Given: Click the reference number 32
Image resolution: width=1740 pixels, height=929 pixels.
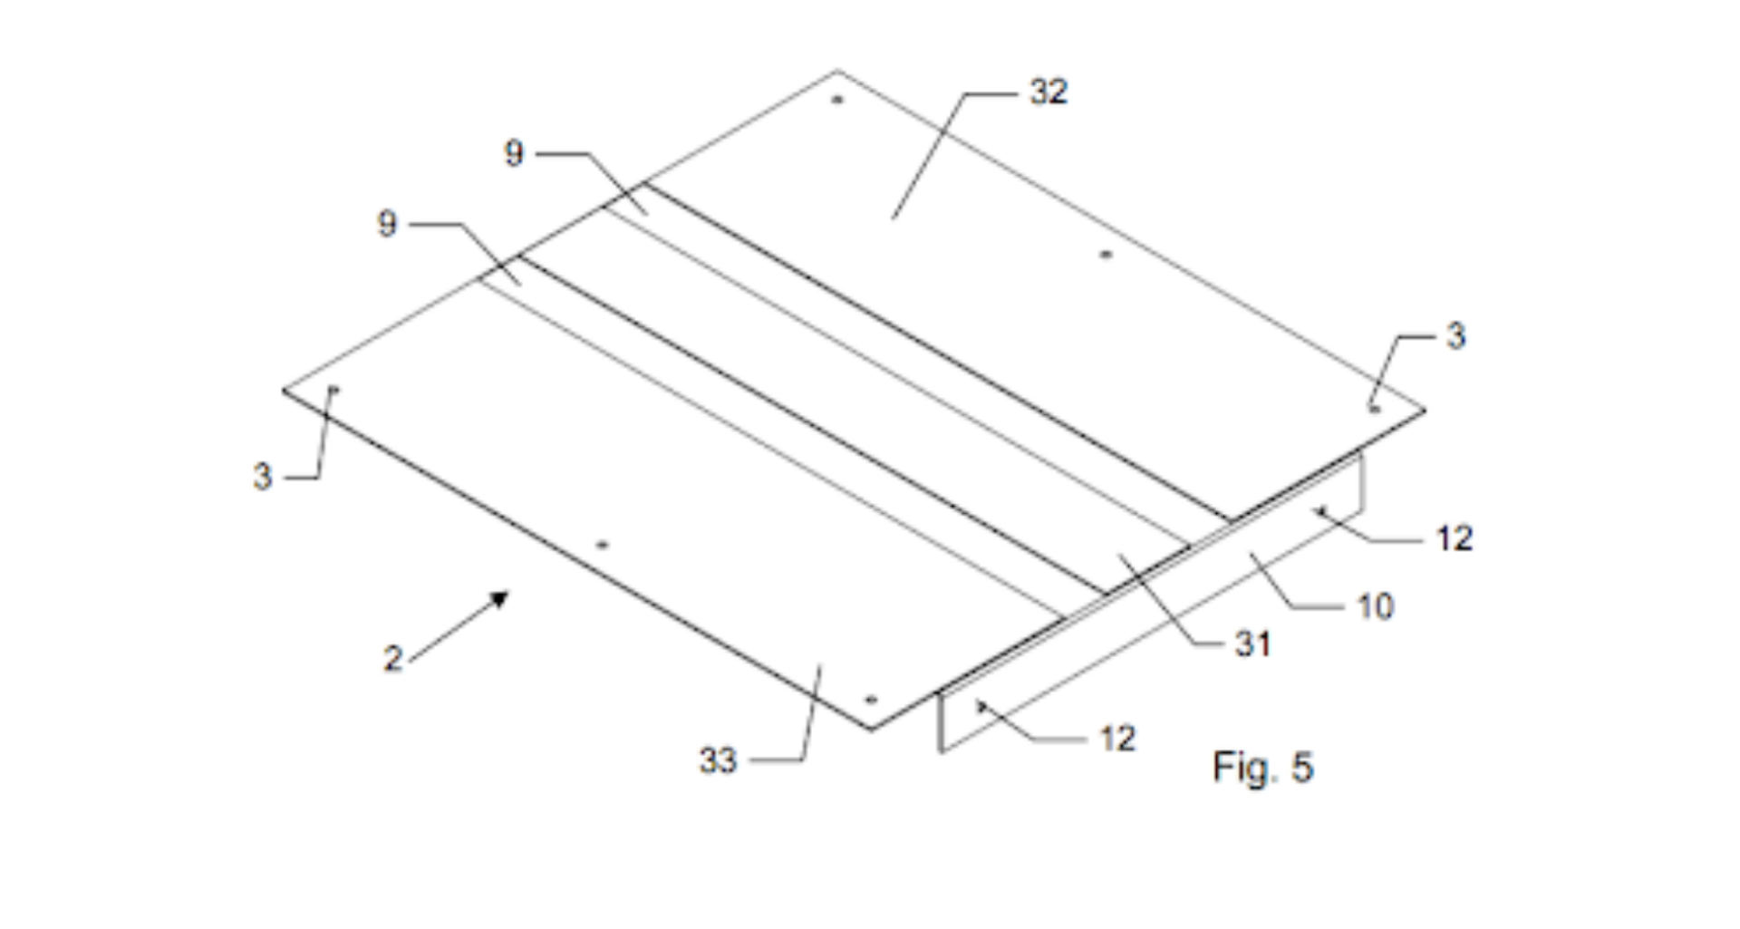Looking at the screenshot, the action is [1049, 92].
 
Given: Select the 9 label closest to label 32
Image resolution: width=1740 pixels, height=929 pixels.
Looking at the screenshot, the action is [514, 153].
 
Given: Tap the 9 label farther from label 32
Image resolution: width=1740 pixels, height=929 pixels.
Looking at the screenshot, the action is [387, 224].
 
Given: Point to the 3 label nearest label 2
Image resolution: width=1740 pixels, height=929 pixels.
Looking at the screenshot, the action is [262, 476].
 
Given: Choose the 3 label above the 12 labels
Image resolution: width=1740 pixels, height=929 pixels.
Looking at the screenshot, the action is [1455, 336].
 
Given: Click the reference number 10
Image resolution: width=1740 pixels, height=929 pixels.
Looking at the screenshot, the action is [1375, 606].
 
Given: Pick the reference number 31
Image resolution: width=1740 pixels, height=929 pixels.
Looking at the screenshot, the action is [1252, 644].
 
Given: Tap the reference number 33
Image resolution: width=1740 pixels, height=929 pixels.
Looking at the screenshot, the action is [718, 760].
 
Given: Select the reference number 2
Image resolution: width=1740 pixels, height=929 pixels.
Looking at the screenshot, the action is [392, 658].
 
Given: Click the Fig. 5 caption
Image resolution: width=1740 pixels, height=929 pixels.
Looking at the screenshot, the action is [1263, 768].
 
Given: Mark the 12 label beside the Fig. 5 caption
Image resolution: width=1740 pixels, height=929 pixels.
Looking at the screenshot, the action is [1117, 739].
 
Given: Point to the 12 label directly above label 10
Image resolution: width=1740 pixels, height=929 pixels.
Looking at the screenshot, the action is [1455, 538].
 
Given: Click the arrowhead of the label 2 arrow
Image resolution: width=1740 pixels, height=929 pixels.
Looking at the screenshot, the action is [500, 598].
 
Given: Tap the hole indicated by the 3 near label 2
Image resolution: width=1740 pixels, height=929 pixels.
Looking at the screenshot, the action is [333, 390].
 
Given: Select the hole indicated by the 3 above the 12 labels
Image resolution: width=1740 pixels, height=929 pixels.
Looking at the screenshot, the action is [1375, 409].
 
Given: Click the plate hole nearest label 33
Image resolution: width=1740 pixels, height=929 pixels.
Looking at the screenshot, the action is [871, 700].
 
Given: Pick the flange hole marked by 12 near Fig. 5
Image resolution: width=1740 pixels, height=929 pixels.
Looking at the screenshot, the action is [980, 704].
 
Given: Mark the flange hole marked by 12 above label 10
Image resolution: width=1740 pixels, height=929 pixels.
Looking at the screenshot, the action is [1320, 511].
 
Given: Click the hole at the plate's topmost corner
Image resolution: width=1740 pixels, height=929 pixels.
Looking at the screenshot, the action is [837, 99].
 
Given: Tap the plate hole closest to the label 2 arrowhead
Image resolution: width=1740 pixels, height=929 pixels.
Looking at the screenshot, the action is [602, 545].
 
